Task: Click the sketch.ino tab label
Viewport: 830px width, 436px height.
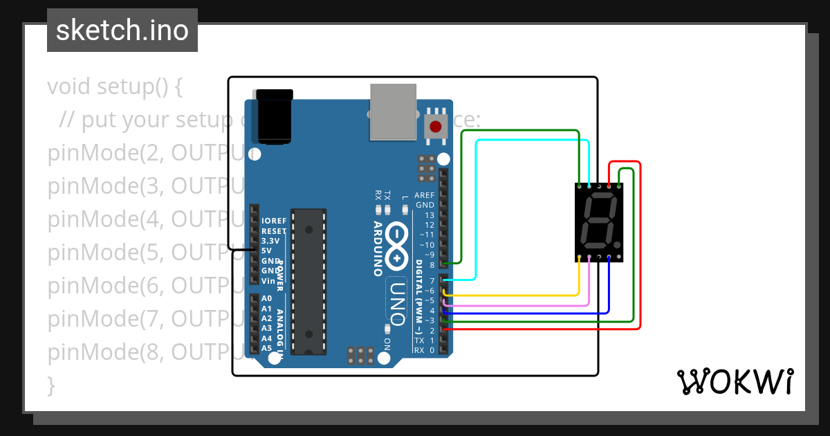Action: (122, 30)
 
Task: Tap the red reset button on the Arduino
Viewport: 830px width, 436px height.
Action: (436, 127)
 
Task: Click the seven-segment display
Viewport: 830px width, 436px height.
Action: (599, 223)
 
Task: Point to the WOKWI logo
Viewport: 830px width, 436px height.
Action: (735, 382)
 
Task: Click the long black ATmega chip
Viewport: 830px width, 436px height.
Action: (308, 281)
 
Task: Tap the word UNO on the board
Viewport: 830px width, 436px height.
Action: (398, 302)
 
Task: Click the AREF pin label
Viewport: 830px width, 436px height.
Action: (425, 196)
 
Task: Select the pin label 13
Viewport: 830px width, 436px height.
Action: (430, 215)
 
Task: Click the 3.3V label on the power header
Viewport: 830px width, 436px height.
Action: (270, 241)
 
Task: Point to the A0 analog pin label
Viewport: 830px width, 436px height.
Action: (266, 298)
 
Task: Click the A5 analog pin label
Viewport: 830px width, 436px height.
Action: (266, 348)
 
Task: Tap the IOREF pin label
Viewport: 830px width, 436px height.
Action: (274, 221)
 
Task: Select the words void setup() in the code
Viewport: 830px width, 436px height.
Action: (115, 87)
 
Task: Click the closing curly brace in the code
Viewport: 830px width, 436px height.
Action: (50, 385)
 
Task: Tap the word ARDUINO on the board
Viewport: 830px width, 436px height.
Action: (378, 248)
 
